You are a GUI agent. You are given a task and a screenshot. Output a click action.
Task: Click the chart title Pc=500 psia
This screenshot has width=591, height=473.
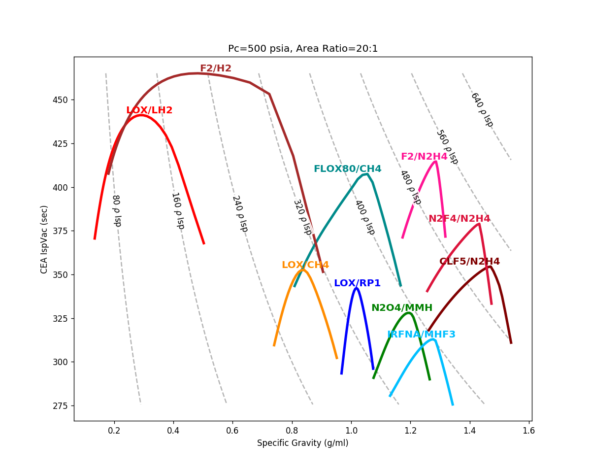coord(303,49)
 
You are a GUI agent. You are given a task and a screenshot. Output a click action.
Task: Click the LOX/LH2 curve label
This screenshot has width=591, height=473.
coord(149,110)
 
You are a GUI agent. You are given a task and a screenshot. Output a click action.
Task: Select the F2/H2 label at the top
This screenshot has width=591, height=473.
coord(215,68)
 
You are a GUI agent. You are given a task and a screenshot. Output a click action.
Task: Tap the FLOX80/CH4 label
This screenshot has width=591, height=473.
coord(347,169)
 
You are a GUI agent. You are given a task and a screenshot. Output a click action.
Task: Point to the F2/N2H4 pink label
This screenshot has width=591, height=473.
coord(424,157)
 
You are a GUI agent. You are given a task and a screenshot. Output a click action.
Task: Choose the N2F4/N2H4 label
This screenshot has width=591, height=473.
coord(459,219)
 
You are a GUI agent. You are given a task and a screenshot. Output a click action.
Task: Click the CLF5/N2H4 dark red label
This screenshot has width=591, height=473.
coord(469,262)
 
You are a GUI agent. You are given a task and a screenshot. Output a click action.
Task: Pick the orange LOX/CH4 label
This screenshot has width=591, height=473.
coord(305,265)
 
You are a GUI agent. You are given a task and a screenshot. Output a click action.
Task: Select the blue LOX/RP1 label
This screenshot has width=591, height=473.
coord(357,283)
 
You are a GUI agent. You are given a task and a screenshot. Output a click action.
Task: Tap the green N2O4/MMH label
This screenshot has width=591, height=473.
coord(401,308)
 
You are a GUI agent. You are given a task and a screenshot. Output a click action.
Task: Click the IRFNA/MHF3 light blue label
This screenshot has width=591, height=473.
coord(421,335)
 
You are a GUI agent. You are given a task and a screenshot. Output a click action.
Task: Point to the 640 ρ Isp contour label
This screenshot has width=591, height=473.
coord(482,109)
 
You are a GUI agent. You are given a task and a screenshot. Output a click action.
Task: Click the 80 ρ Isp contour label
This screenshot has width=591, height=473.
coord(116,210)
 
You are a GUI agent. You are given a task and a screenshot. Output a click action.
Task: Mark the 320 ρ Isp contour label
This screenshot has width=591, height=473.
coord(302,217)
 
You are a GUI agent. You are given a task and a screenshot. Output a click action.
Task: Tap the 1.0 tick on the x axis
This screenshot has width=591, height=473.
coord(351,430)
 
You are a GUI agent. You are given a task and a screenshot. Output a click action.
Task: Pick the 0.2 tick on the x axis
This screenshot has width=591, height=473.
coord(114,430)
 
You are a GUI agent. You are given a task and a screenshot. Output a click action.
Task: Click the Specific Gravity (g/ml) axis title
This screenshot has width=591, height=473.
coord(302,443)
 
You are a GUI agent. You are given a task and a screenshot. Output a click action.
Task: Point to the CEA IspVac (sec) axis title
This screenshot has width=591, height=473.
coord(44,239)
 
